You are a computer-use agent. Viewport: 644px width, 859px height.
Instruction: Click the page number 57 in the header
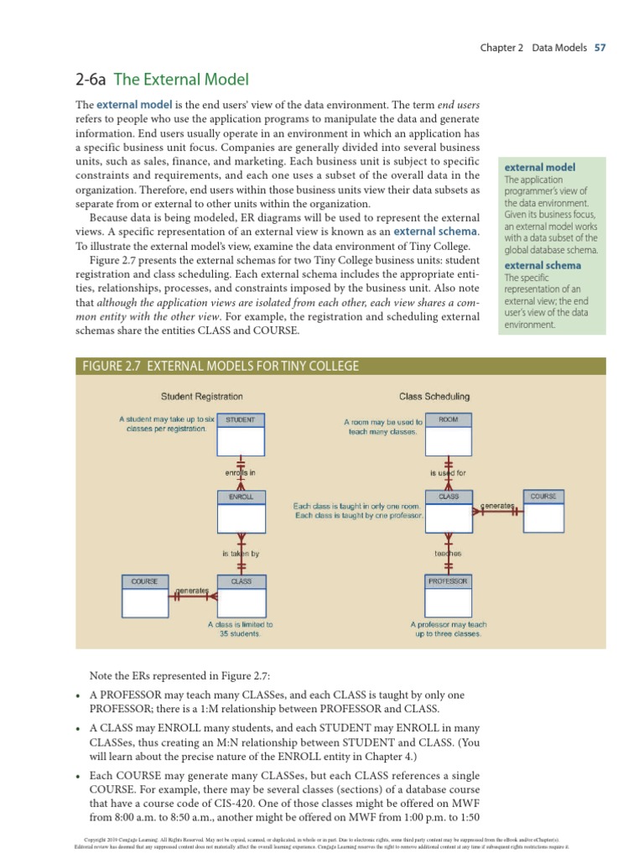pyautogui.click(x=600, y=48)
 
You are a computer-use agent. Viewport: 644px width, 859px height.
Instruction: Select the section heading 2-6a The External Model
pyautogui.click(x=163, y=80)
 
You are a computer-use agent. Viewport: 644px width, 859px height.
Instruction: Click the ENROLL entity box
pyautogui.click(x=241, y=511)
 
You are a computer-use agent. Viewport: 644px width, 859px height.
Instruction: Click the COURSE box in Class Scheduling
pyautogui.click(x=543, y=511)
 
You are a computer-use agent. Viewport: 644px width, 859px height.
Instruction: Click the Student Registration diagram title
pyautogui.click(x=201, y=396)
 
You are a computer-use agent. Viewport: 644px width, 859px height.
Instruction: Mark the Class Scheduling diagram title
pyautogui.click(x=434, y=396)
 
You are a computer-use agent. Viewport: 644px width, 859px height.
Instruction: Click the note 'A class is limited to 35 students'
pyautogui.click(x=240, y=629)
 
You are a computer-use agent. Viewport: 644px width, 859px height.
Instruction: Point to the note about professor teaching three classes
pyautogui.click(x=448, y=629)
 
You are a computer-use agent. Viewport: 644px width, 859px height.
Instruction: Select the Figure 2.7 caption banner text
pyautogui.click(x=219, y=366)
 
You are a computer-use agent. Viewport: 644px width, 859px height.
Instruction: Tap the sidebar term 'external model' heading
pyautogui.click(x=539, y=167)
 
